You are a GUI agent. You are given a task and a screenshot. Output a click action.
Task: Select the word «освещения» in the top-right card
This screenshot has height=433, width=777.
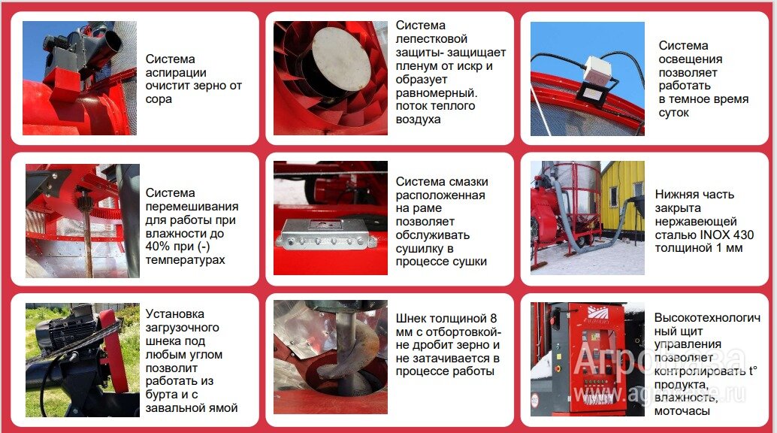[x=690, y=59]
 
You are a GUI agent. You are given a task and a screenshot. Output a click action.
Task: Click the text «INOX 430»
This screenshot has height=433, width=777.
[x=727, y=235]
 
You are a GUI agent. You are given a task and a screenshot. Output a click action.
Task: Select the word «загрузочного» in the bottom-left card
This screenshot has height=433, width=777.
[x=183, y=328]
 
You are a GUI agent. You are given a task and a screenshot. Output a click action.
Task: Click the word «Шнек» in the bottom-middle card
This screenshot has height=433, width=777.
[x=412, y=318]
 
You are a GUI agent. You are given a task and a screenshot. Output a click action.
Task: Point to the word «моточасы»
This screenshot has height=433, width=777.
[x=683, y=410]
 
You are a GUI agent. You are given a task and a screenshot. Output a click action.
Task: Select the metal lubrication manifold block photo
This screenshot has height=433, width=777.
[x=326, y=237]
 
